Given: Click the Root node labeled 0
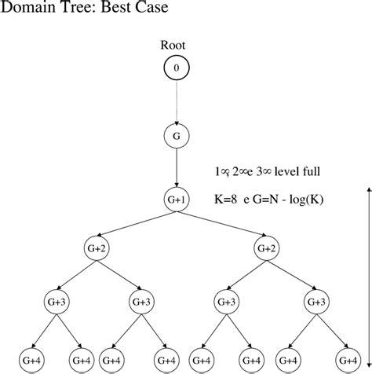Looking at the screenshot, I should click(x=176, y=69).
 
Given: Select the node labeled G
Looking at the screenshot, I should click(x=176, y=136).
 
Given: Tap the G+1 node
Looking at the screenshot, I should click(x=176, y=200).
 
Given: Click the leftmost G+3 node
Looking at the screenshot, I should click(x=54, y=302).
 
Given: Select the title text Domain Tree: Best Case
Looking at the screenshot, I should click(x=75, y=9).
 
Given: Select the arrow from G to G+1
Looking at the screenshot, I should click(x=176, y=167).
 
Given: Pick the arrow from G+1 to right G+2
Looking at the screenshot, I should click(x=221, y=225).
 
